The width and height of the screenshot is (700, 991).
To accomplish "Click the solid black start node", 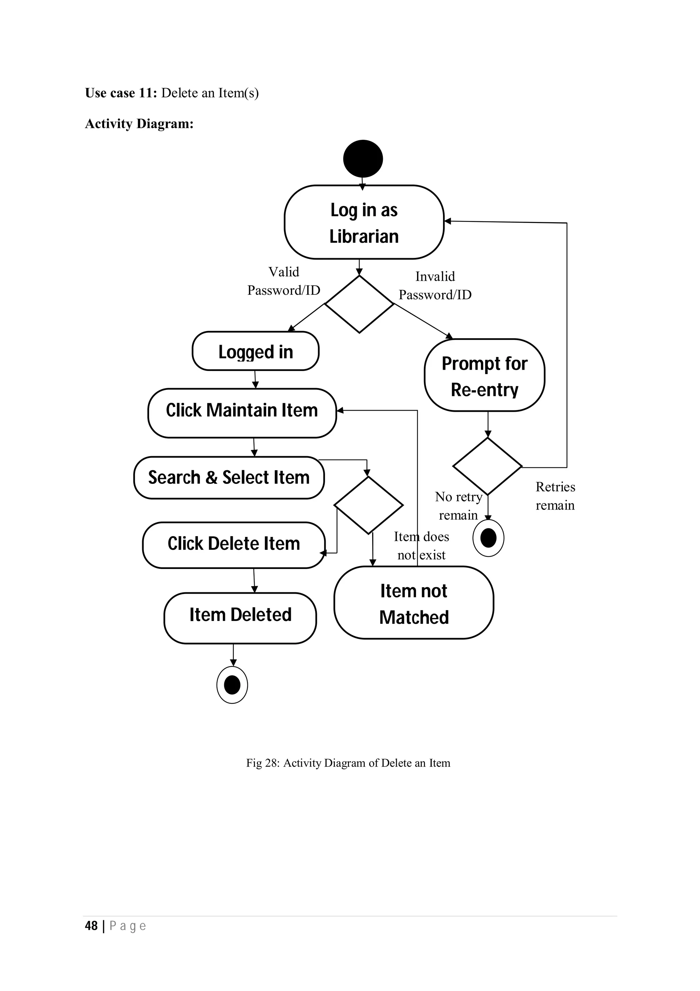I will (x=363, y=158).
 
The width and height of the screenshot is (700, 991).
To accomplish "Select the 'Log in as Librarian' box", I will (x=364, y=223).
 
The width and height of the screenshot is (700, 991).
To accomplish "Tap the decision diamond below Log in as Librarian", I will (x=359, y=304).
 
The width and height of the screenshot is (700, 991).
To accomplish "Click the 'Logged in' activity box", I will (x=255, y=351).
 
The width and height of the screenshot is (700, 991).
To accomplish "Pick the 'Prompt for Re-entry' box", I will (x=484, y=375).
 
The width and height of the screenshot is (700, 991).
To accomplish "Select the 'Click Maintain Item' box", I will (x=242, y=413).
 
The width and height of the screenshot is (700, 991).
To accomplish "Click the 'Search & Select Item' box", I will (x=229, y=478).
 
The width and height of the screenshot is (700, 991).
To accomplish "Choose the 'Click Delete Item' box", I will (x=233, y=545).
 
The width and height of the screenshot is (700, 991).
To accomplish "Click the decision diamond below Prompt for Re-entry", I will (x=487, y=466).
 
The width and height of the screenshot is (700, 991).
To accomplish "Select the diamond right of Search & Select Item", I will (x=368, y=505).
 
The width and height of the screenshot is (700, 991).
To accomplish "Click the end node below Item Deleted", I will (x=232, y=685).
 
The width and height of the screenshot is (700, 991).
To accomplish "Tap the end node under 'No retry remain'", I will (x=488, y=538).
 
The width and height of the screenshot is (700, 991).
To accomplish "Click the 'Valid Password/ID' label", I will (x=284, y=281).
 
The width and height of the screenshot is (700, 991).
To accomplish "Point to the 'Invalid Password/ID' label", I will (x=435, y=285).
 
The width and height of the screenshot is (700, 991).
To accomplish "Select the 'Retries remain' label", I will (x=555, y=496).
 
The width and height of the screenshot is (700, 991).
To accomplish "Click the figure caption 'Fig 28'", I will (x=348, y=763).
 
